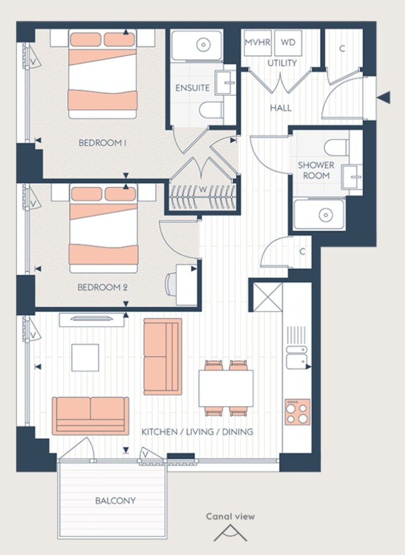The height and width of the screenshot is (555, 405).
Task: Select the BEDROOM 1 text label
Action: point(103,143)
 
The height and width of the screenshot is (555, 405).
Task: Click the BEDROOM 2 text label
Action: point(102,287)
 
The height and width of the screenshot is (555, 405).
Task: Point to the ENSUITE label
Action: point(193,88)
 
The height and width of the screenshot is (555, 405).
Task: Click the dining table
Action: point(226,388)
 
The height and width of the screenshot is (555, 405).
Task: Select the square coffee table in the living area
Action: point(85,357)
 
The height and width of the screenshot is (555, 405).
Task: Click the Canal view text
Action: point(230,517)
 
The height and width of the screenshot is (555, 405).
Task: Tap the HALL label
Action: point(280,108)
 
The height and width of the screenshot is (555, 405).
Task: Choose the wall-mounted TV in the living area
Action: point(91,318)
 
